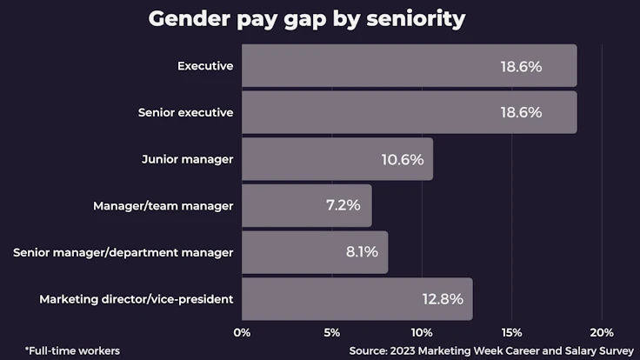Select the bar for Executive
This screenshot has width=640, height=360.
click(x=409, y=66)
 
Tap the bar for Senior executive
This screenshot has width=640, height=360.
click(x=409, y=113)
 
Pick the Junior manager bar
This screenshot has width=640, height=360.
click(x=337, y=159)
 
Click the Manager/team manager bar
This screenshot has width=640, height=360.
click(x=306, y=206)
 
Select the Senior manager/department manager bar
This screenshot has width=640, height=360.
click(x=314, y=252)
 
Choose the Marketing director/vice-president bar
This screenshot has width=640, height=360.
click(x=357, y=299)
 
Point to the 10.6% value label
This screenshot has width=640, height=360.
click(x=402, y=159)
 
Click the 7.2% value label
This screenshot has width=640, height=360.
click(x=341, y=206)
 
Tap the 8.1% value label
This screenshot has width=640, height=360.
click(x=362, y=252)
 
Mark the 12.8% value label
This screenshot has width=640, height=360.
click(x=443, y=299)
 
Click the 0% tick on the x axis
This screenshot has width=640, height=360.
click(x=243, y=332)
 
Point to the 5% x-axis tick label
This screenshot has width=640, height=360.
click(x=331, y=332)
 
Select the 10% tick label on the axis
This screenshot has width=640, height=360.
click(x=421, y=332)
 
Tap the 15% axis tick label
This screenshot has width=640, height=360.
click(x=511, y=332)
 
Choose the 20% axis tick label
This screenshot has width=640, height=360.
click(x=601, y=332)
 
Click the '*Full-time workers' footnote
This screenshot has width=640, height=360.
click(x=72, y=350)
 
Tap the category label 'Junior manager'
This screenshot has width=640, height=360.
click(x=187, y=159)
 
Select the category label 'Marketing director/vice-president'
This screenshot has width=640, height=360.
click(x=137, y=299)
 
